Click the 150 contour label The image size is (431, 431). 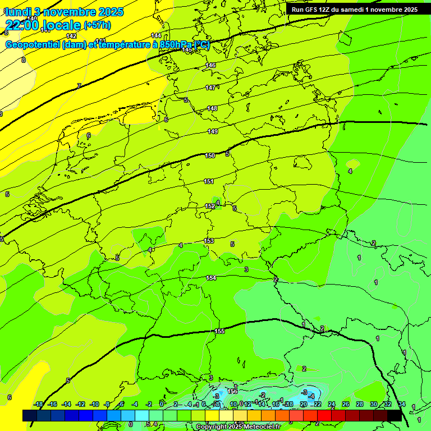pos(210,155)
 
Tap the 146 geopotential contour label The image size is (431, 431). pos(210,66)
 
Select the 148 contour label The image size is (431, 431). pos(212,108)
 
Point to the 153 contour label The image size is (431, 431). pos(209,241)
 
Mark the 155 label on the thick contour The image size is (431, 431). pos(219,331)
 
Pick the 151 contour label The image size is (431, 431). pos(209,181)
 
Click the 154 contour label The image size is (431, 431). pos(211,278)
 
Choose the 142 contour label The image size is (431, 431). pos(71,35)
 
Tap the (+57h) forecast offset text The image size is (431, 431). pos(97,25)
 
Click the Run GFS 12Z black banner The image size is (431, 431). pos(354,10)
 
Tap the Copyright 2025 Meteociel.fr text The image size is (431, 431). pos(238,427)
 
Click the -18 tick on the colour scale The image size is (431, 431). pos(39,404)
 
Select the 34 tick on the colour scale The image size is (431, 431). pos(402,404)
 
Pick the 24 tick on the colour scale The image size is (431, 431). pos(332,404)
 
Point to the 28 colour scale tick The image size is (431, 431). pos(360,404)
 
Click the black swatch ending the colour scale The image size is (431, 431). pos(395,415)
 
